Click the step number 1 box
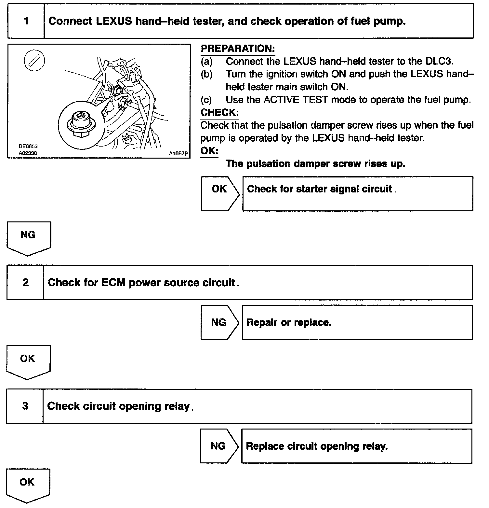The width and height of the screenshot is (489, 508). pos(26,21)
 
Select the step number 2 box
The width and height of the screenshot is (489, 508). pos(25,282)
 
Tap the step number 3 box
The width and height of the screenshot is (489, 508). pos(25,406)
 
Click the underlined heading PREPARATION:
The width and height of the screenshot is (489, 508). pos(238,49)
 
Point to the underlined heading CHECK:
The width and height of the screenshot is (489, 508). pos(219,113)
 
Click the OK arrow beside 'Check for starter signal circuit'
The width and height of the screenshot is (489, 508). pos(220,193)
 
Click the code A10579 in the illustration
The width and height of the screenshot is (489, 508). pos(178,153)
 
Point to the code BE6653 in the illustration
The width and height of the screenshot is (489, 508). pos(28,147)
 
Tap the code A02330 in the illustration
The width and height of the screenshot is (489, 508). pos(28,153)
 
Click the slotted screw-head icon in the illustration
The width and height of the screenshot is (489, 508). pos(34,61)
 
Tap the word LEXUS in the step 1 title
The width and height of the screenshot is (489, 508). pos(114,21)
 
